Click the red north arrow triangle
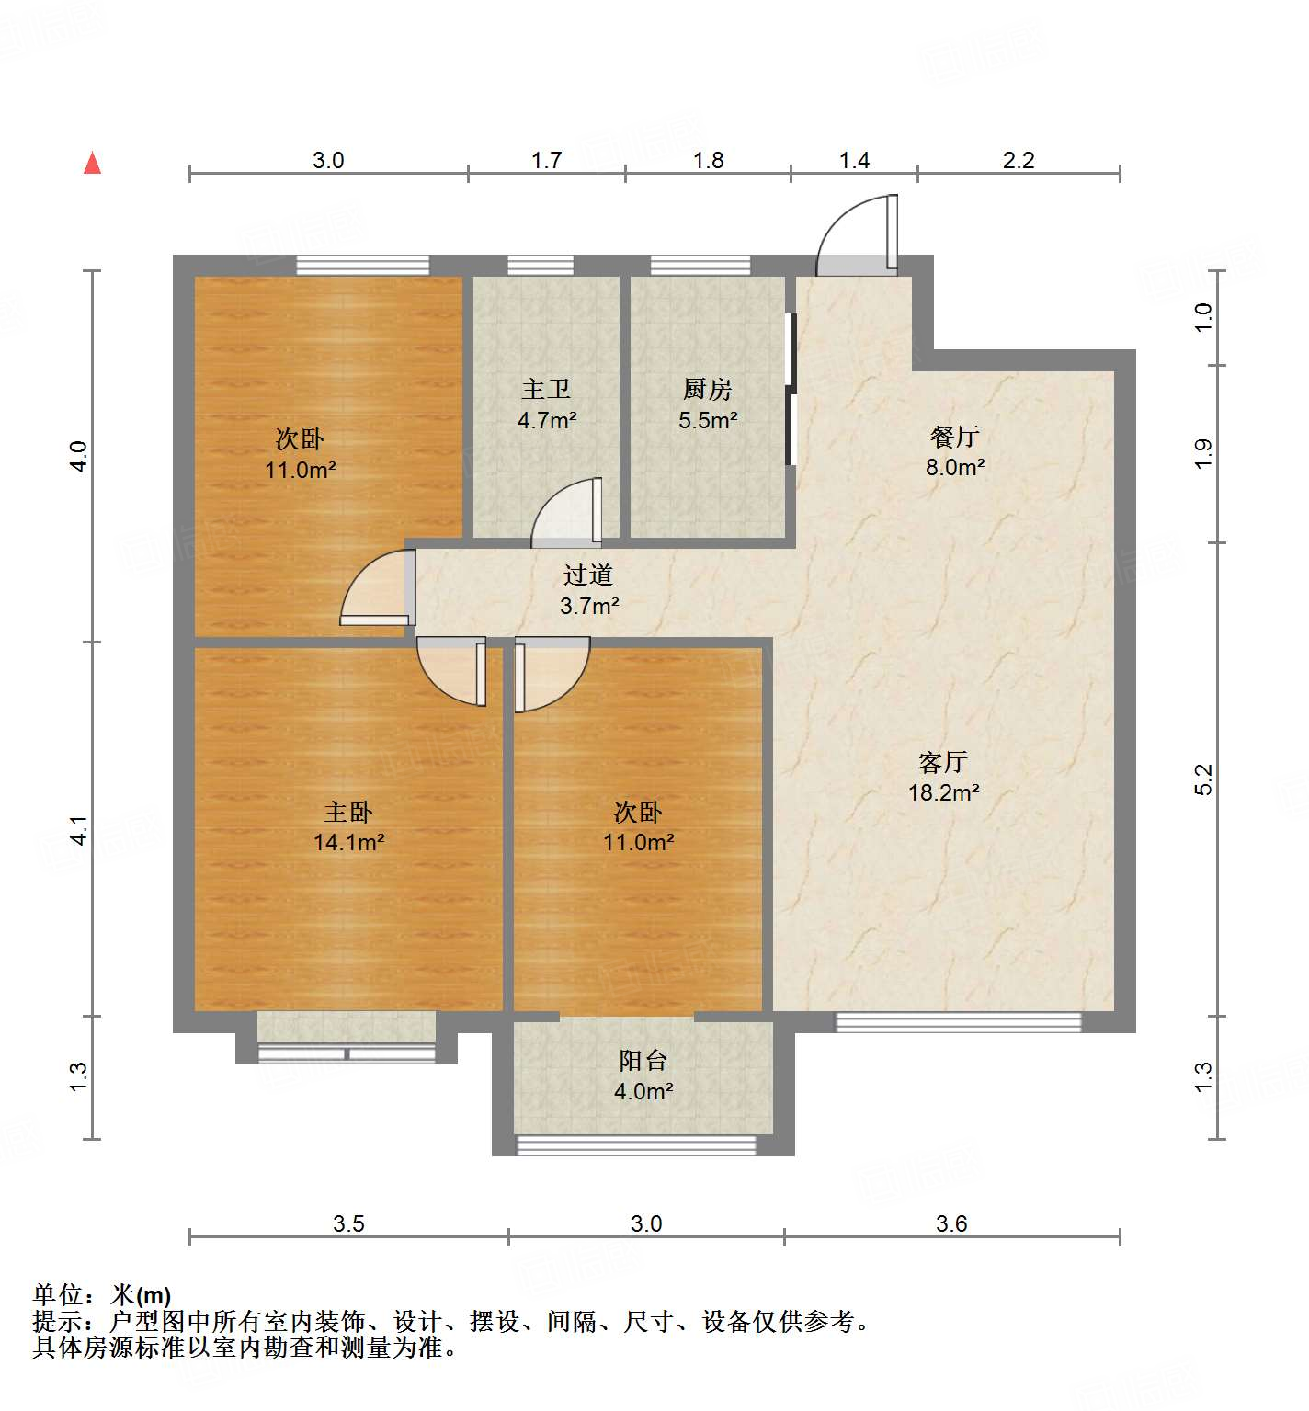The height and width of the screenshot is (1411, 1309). [92, 164]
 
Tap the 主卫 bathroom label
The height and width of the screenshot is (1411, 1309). [546, 390]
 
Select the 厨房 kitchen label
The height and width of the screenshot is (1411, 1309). [707, 390]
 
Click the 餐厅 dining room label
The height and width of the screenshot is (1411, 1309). [954, 437]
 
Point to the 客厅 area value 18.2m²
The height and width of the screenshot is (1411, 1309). [943, 792]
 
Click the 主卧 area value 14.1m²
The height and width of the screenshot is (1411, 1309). [348, 842]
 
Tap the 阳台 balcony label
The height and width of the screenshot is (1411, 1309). [643, 1061]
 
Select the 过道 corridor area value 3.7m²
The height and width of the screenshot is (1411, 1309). [588, 606]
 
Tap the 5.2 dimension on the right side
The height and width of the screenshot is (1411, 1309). [1203, 779]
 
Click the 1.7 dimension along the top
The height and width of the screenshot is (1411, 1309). [546, 160]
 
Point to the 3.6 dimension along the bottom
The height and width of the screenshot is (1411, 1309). [951, 1223]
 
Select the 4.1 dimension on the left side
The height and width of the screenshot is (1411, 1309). [79, 830]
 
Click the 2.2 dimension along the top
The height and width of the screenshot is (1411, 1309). [1018, 160]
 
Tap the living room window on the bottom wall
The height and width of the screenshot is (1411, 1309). [958, 1022]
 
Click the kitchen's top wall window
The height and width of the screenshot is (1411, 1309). [700, 266]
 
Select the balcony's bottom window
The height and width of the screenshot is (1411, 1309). [636, 1145]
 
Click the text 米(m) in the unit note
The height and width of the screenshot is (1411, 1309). [141, 1295]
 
